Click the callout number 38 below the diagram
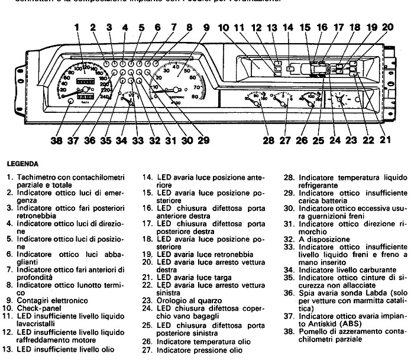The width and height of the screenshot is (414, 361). tap(56, 141)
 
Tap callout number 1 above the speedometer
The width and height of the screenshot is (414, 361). tap(77, 27)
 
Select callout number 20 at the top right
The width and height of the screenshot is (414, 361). tap(387, 27)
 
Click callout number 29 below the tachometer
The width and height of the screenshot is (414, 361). tap(203, 141)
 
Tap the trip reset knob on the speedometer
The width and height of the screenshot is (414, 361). tap(71, 102)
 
